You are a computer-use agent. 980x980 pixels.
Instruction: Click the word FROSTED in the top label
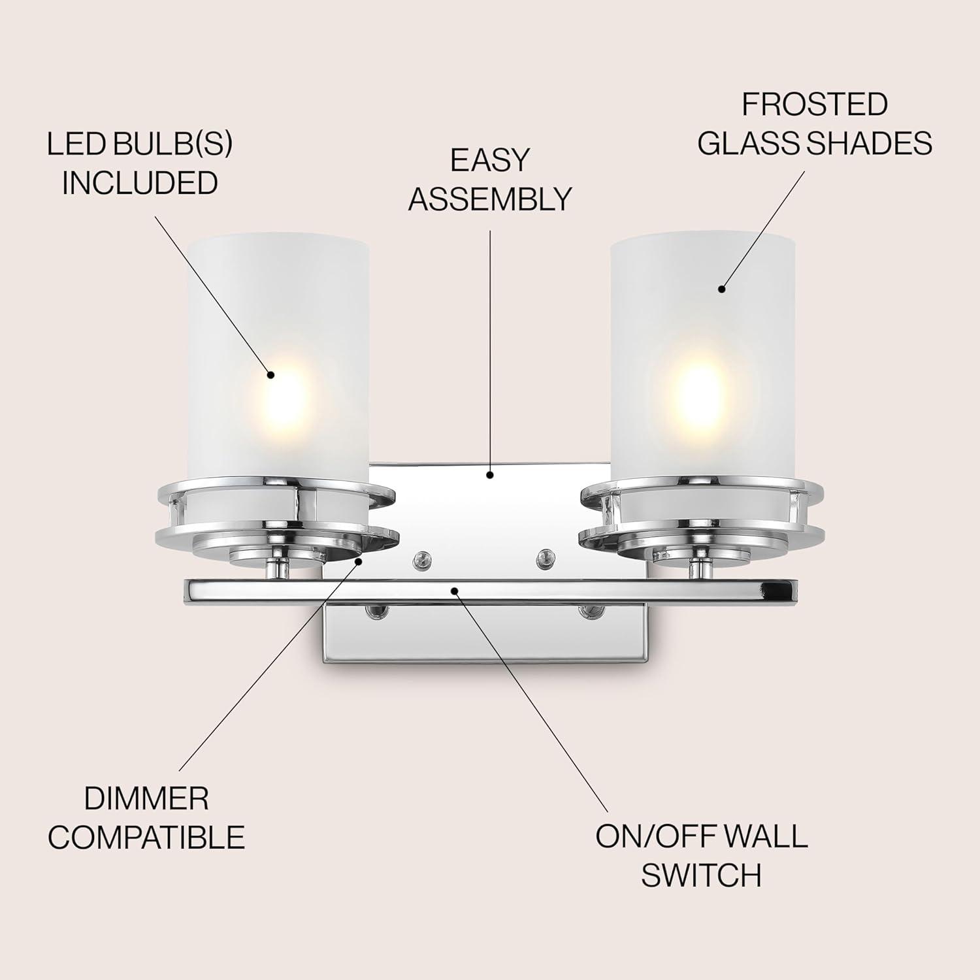point(814,105)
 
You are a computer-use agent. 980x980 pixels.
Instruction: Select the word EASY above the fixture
point(489,161)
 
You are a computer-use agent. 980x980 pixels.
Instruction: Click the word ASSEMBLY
point(490,199)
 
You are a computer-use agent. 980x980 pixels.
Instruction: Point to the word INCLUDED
point(140,183)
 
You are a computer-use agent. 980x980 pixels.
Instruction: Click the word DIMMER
point(146,798)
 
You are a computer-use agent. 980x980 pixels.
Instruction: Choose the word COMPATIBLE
point(146,837)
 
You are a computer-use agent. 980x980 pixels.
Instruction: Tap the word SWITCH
point(701,875)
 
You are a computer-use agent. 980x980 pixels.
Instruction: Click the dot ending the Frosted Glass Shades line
point(722,288)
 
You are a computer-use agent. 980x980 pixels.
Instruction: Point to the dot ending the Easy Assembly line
point(490,475)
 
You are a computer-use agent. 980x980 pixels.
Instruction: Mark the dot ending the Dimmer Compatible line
point(358,560)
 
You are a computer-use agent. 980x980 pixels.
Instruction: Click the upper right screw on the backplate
point(543,557)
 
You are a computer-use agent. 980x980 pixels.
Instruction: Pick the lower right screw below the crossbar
point(589,612)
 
